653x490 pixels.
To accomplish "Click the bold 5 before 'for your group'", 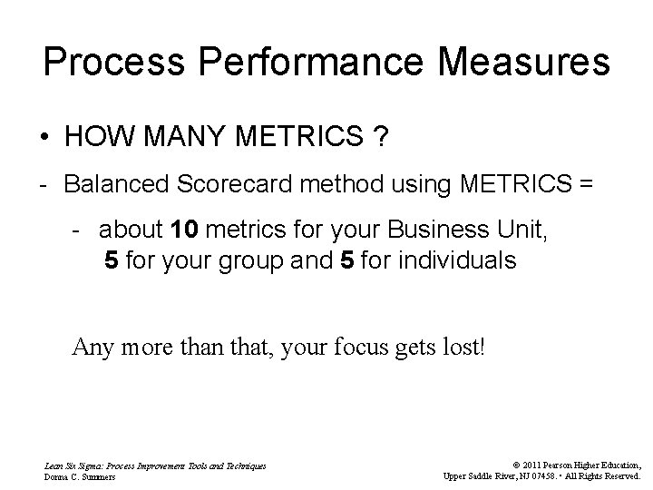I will point(111,261).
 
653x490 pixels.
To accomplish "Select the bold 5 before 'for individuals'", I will point(346,261).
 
